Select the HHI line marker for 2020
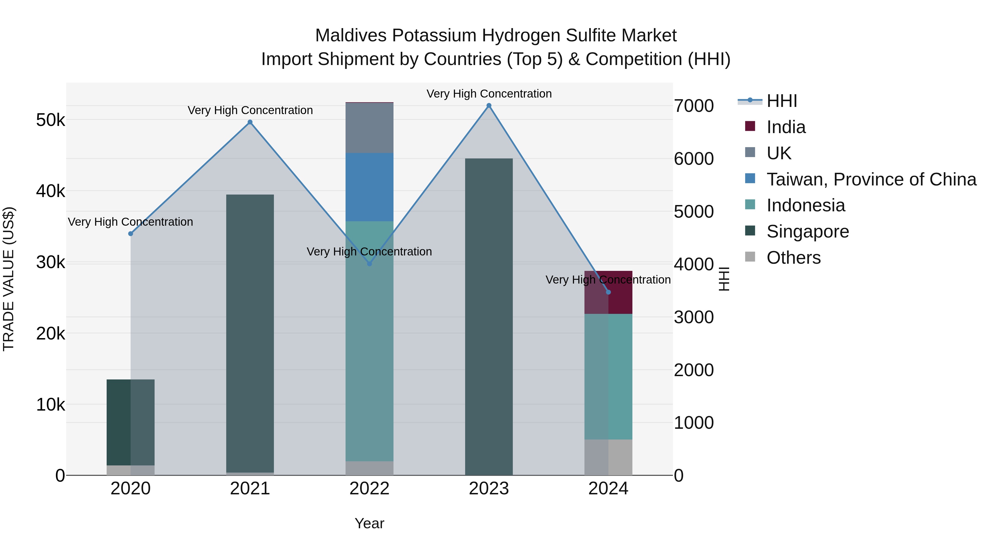coord(131,234)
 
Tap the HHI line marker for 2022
coord(369,264)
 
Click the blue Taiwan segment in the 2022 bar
coord(369,187)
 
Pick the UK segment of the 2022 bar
coord(369,128)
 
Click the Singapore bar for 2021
coord(250,333)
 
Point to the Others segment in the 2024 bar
coord(608,457)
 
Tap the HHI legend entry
coord(781,101)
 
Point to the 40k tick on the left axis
coord(50,191)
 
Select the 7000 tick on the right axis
coord(694,106)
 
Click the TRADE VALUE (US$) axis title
coord(9,279)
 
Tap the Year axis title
coord(369,523)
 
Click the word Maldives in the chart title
coord(351,36)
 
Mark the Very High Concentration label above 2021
coord(250,110)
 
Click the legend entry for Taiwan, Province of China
coord(871,179)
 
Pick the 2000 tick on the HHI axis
coord(694,370)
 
